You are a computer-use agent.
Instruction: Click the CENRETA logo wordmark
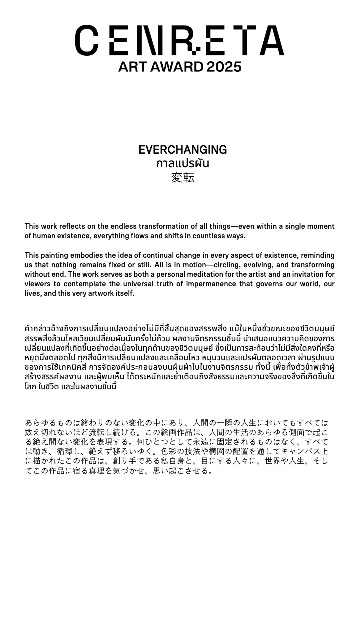point(180,40)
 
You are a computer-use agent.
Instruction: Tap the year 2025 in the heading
point(224,67)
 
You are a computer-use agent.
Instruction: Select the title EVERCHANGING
point(182,150)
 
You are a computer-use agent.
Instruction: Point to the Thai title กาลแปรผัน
point(182,164)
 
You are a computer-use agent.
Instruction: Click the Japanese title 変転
point(182,178)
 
